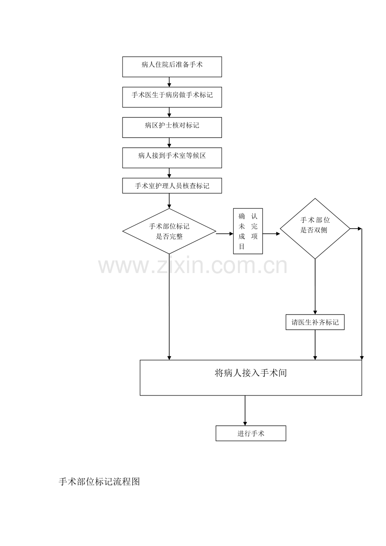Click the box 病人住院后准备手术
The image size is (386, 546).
tap(172, 67)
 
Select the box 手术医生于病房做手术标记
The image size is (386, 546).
tap(172, 97)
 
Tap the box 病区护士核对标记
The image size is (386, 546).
tap(172, 127)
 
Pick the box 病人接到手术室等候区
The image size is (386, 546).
tap(172, 158)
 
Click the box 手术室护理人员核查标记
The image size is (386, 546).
tap(172, 186)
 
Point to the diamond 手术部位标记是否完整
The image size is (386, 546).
tap(169, 231)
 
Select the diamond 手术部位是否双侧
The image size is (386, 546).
tap(315, 229)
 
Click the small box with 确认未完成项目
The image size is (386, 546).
tap(248, 231)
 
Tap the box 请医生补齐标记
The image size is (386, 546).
tap(315, 322)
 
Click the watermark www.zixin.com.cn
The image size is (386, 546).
tap(193, 266)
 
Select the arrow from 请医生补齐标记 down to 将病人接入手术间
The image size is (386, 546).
tap(315, 345)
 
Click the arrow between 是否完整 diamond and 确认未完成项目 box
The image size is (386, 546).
tap(224, 234)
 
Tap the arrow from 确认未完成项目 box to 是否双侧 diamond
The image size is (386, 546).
tap(271, 234)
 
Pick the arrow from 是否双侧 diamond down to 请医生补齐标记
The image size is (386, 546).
tap(315, 287)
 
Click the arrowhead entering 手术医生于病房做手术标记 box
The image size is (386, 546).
tap(169, 85)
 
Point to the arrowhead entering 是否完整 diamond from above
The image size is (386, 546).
tap(169, 206)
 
